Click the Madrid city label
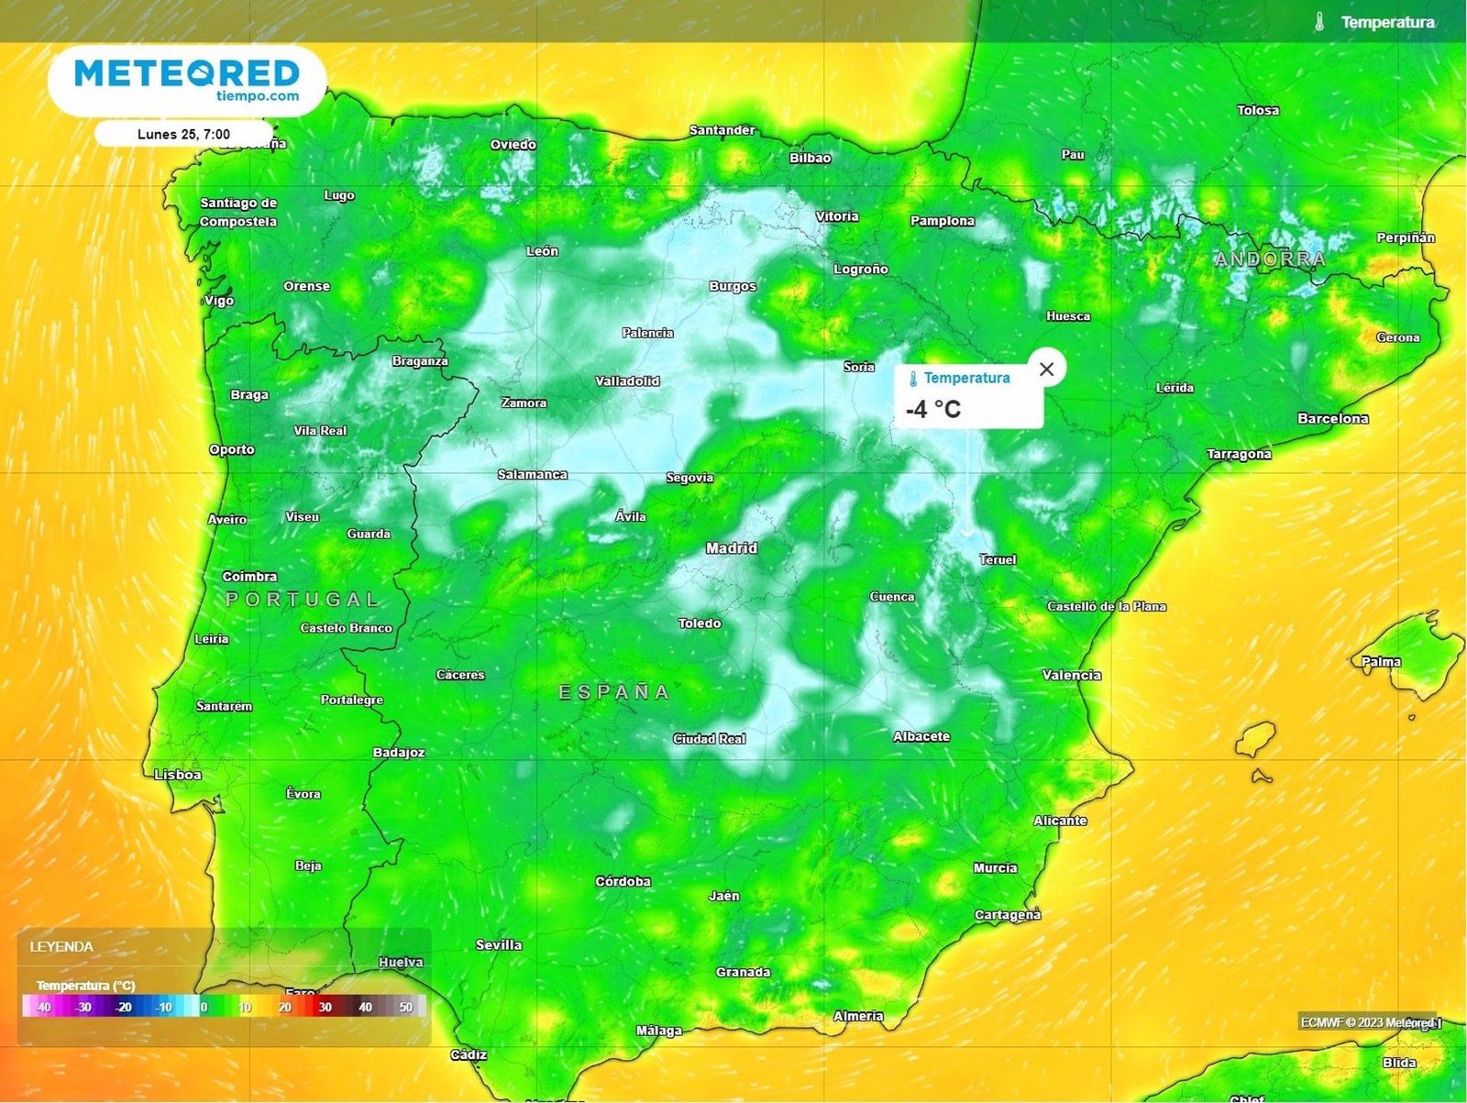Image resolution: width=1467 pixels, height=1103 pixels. (731, 548)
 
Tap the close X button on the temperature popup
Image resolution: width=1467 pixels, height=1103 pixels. (1046, 369)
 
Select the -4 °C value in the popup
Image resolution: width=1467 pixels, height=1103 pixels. (933, 409)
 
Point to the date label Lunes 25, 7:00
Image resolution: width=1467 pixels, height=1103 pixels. (183, 134)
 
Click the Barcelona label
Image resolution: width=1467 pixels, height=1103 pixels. (1332, 418)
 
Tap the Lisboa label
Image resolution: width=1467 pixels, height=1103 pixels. (177, 775)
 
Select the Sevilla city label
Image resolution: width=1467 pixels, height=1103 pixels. (499, 944)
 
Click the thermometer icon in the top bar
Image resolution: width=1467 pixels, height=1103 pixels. (1318, 22)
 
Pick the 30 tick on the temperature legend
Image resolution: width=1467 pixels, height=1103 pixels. (325, 1007)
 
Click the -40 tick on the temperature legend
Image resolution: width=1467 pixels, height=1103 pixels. (42, 1007)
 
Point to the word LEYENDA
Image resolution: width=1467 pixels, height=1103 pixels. (61, 946)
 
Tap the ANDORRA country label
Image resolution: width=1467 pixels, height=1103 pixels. (1270, 259)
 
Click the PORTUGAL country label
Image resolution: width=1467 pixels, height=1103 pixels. (303, 600)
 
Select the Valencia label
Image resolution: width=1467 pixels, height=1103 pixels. (1071, 675)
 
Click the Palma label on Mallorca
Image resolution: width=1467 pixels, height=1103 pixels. (1381, 661)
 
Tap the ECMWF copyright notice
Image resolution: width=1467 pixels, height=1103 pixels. (1369, 1022)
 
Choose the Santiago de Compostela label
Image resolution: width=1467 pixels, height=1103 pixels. (238, 212)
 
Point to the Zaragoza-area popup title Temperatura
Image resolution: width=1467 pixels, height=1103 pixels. (966, 378)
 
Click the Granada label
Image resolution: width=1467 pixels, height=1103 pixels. (743, 972)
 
